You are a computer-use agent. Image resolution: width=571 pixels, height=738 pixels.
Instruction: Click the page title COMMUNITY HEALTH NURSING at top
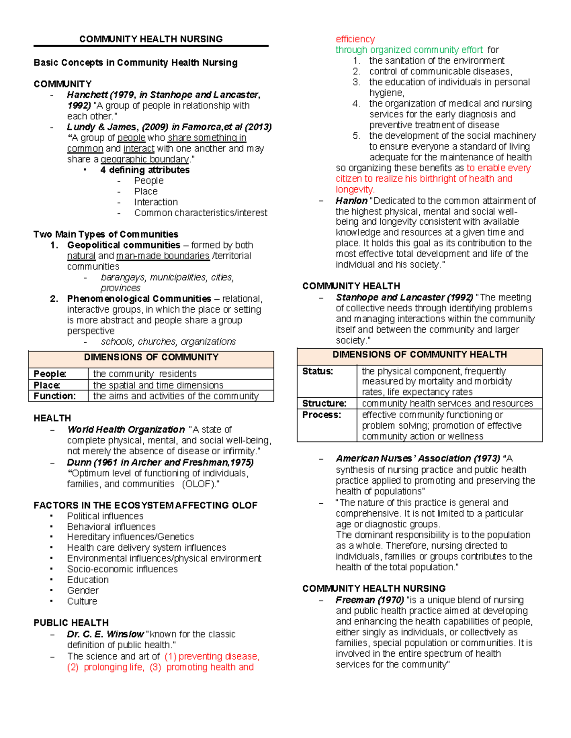pos(151,39)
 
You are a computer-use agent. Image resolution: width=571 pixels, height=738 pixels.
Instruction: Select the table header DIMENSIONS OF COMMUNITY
pos(151,357)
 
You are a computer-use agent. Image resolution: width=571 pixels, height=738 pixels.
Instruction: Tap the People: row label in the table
pos(50,374)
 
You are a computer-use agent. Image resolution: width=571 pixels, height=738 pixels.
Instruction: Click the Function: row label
pos(54,396)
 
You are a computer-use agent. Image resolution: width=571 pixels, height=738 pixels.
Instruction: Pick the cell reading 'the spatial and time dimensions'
pos(158,385)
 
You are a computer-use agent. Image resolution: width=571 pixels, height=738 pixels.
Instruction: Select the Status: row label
pos(317,371)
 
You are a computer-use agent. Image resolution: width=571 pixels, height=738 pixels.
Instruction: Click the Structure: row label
pos(324,403)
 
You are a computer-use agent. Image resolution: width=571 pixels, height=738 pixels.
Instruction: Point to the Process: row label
pos(321,415)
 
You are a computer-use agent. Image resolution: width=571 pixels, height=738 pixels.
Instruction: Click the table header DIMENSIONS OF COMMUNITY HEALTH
pos(419,355)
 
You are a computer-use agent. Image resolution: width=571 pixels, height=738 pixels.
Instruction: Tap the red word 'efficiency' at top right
pos(355,39)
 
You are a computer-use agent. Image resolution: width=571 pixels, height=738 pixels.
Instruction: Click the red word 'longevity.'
pos(355,189)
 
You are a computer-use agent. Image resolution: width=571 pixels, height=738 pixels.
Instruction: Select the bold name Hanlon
pos(351,201)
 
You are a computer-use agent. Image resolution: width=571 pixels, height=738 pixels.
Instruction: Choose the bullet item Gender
pos(83,590)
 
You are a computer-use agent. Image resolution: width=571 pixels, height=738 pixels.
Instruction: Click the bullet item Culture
pos(82,601)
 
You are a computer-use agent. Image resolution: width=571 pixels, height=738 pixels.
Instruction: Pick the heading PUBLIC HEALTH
pos(71,623)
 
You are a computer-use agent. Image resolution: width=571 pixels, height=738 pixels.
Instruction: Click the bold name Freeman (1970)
pos(370,600)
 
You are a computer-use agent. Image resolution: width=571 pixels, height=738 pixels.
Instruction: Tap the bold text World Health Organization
pos(126,430)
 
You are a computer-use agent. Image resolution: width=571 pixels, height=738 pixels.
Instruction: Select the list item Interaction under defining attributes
pos(156,202)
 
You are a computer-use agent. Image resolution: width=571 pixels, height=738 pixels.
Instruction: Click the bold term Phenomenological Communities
pos(139,298)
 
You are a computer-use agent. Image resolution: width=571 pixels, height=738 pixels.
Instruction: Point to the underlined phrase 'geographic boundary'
pos(145,159)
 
